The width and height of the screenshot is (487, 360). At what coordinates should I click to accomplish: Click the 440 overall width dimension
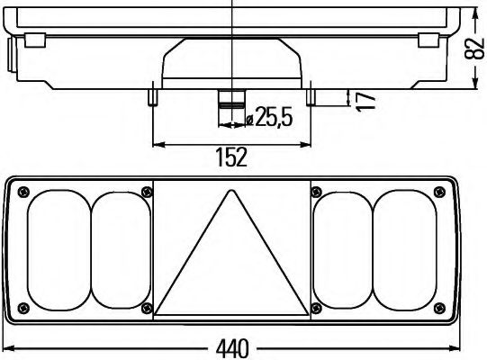[x=232, y=347]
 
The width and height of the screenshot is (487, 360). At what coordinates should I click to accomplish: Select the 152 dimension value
[x=231, y=157]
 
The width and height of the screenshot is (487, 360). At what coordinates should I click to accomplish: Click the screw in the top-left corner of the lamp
[x=23, y=190]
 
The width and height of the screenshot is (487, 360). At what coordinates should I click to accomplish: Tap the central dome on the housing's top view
[x=231, y=63]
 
